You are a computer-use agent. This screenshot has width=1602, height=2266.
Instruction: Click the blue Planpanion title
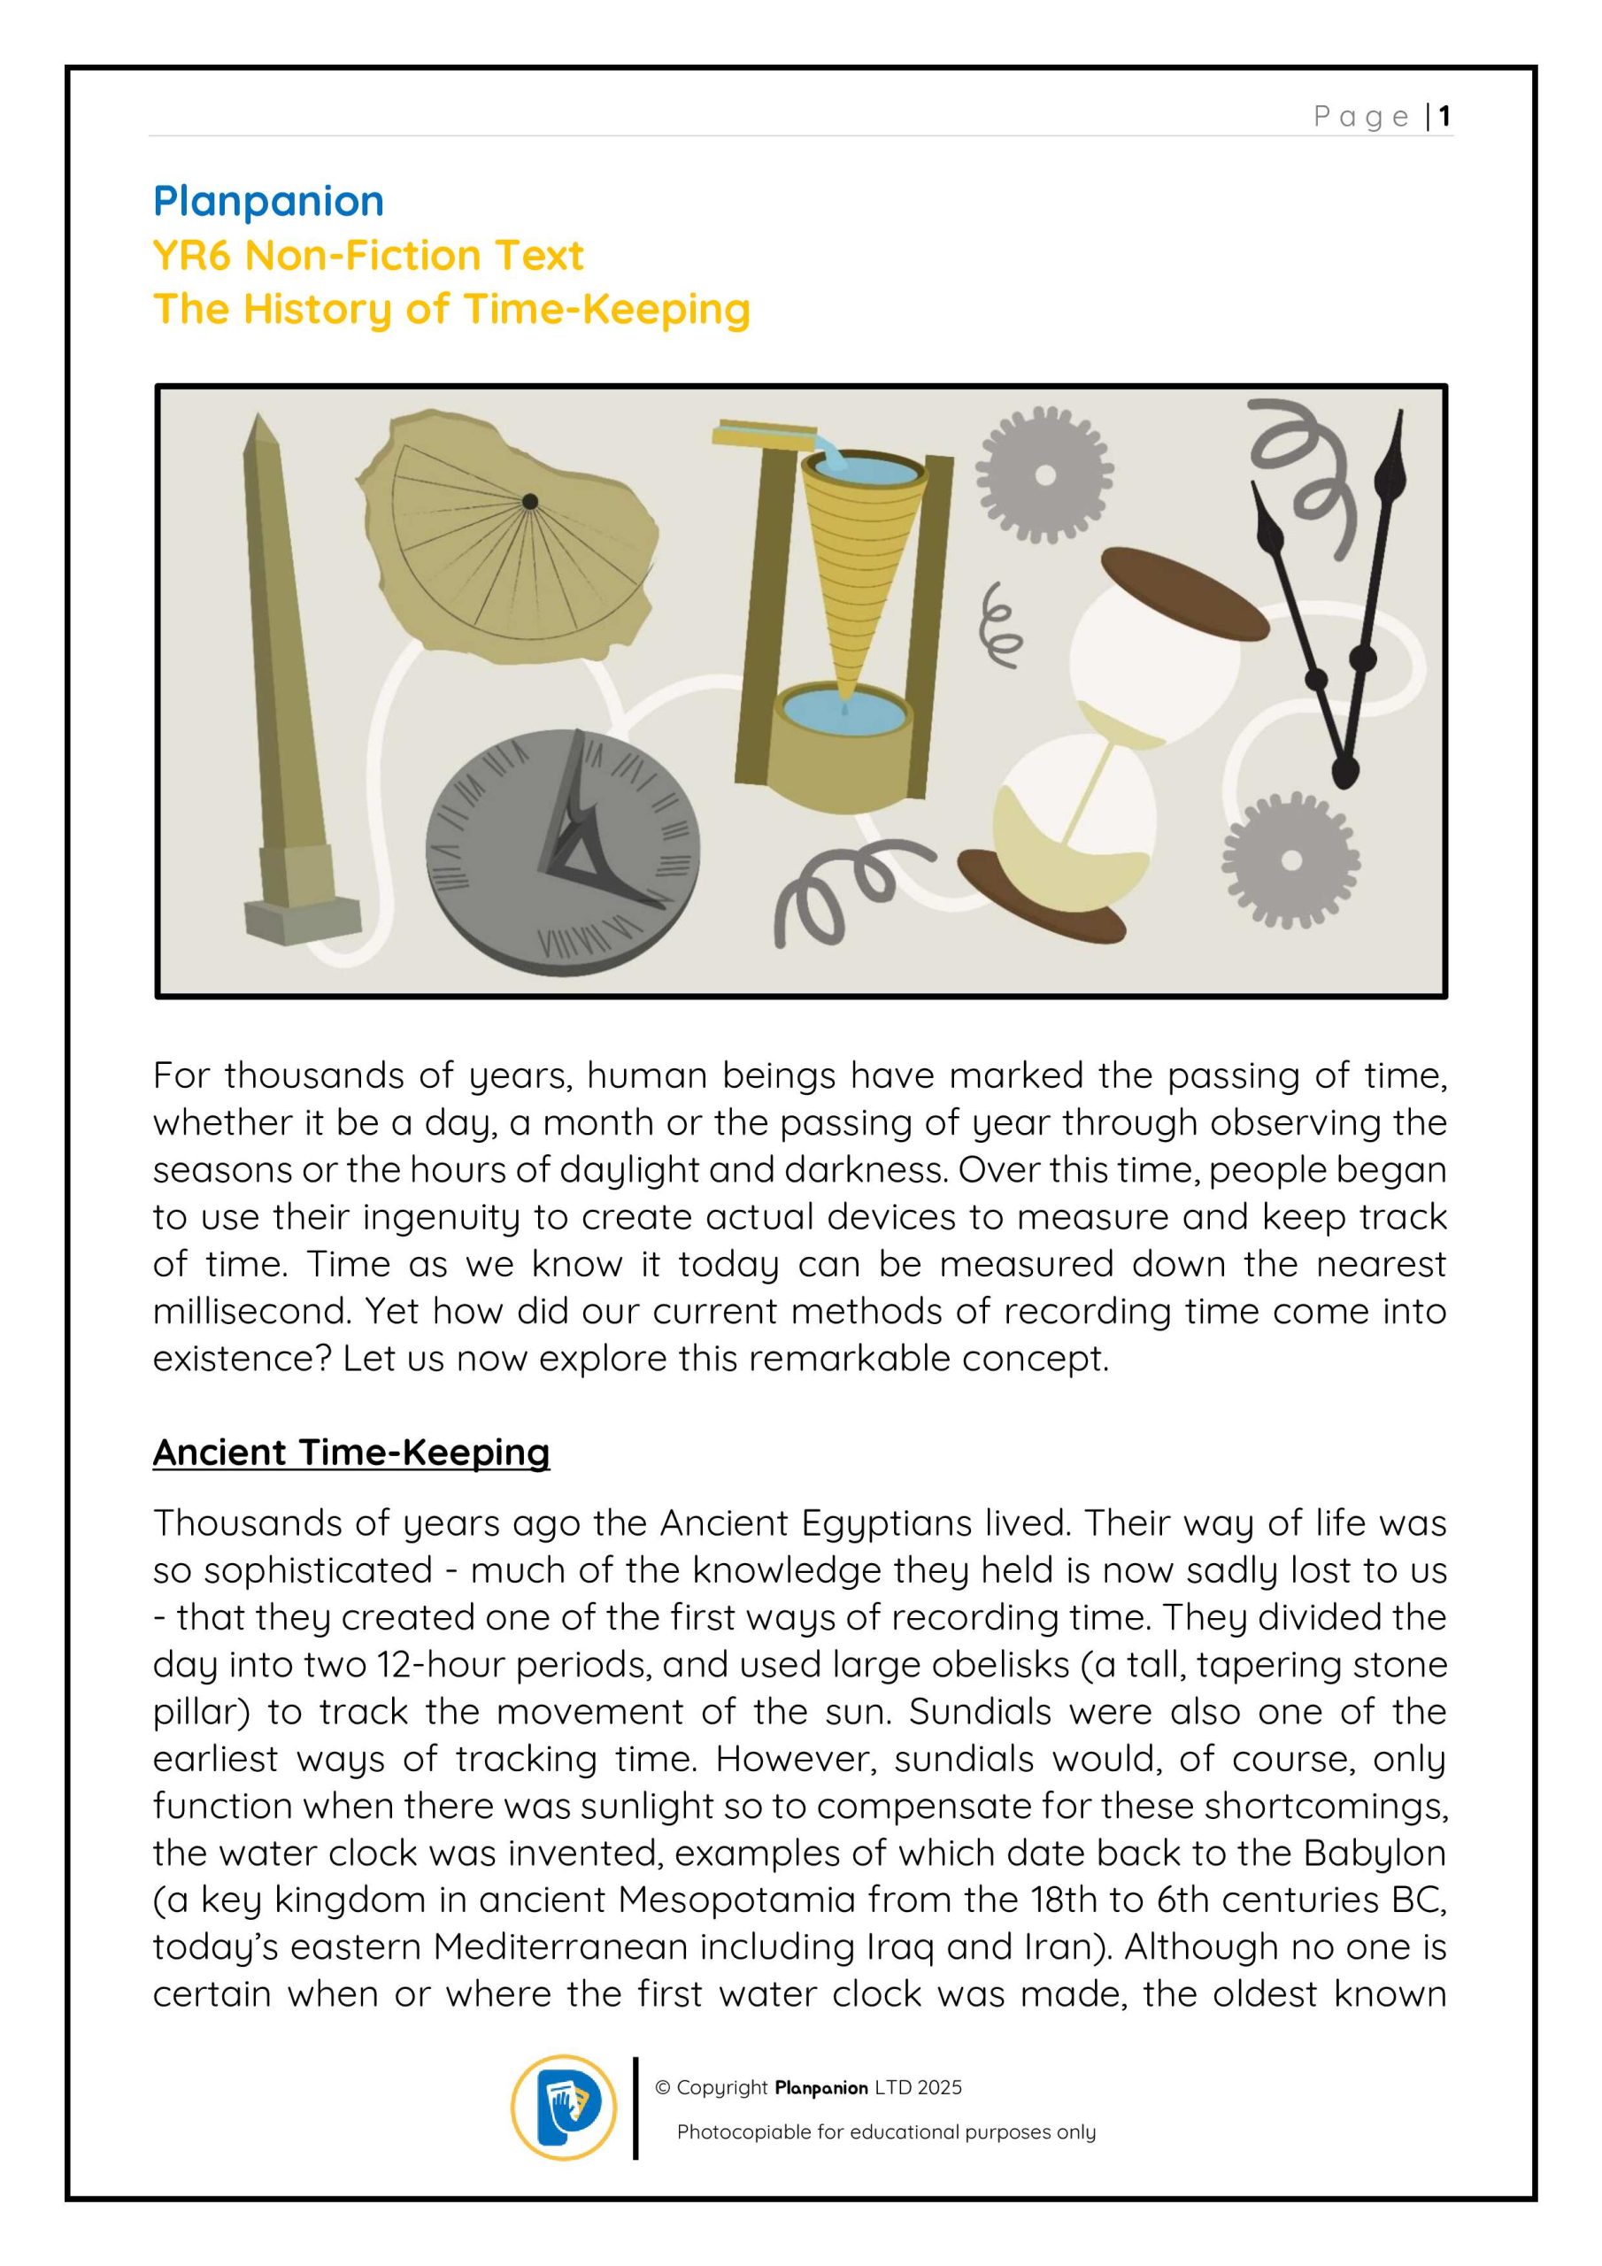(x=267, y=201)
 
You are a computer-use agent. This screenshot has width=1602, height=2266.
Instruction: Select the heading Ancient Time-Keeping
(x=350, y=1452)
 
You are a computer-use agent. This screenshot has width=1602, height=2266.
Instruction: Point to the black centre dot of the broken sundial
(x=530, y=501)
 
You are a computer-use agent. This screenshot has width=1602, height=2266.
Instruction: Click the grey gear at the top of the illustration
(x=1044, y=475)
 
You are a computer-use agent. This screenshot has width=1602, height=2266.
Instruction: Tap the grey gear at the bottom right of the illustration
(x=1290, y=859)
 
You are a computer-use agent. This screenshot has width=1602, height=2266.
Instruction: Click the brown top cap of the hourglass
(x=1183, y=593)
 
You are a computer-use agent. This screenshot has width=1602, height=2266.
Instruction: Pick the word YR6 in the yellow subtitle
(x=191, y=256)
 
